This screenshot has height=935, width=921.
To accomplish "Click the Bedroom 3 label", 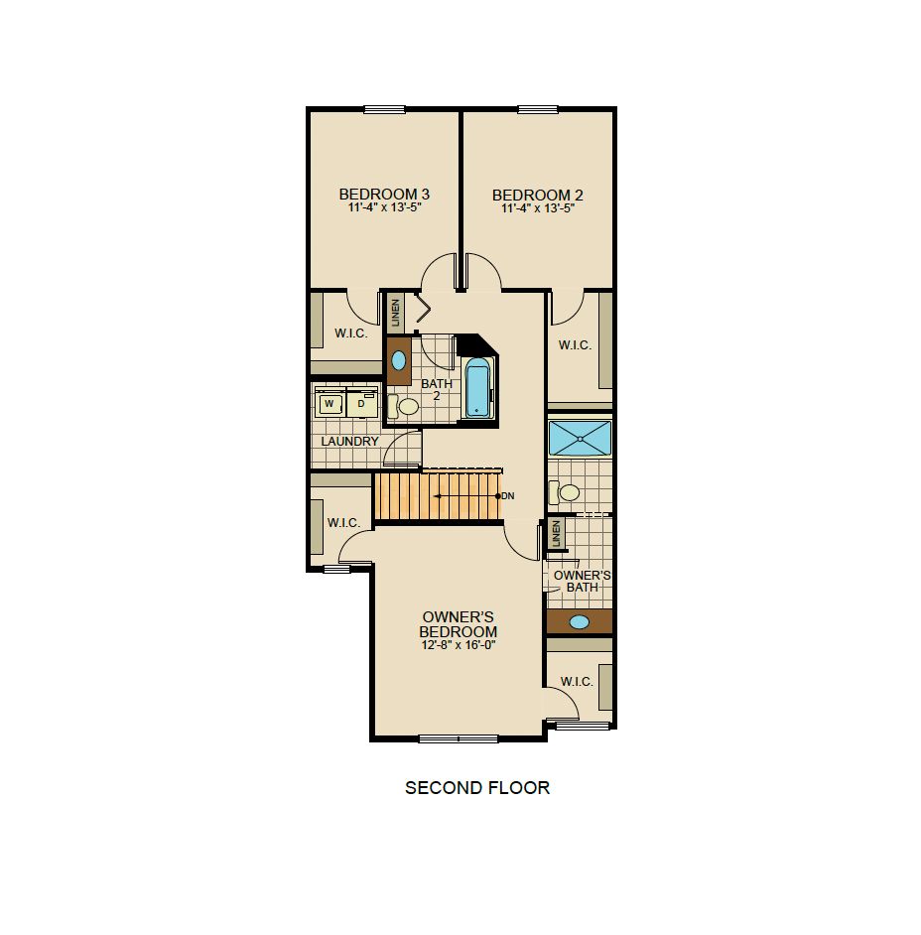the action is point(384,194).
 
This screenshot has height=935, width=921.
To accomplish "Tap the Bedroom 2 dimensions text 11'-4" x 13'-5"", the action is point(538,208).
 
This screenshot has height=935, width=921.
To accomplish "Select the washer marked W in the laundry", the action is point(329,404).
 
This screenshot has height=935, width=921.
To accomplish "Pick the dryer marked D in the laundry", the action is point(361,404).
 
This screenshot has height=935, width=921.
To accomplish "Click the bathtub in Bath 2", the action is point(478,387).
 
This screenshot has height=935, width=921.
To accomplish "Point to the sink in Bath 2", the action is point(398,360).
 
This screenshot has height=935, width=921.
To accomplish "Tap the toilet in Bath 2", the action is point(403,407).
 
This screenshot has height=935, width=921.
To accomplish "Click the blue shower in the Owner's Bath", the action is point(580,439).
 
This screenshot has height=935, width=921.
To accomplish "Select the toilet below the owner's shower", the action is point(564,492).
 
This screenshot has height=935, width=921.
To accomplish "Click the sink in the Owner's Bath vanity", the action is point(579,622).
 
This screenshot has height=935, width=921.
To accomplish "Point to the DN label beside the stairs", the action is point(508,496).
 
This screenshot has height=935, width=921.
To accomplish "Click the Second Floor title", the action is point(477,788).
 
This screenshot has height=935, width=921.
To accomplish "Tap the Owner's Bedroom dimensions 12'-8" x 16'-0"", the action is point(459,645).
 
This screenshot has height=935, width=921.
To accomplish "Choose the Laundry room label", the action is point(350,442).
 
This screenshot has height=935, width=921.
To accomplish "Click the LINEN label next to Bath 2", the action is point(395,313).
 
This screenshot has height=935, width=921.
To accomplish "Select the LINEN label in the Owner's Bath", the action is point(556,533).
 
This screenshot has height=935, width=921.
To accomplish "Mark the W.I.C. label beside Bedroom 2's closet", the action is point(575,344).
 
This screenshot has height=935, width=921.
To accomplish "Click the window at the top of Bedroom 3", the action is point(384,109).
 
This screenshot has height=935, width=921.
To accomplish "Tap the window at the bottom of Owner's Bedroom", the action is point(459,738).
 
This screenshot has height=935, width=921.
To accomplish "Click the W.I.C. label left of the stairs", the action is point(343,523).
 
